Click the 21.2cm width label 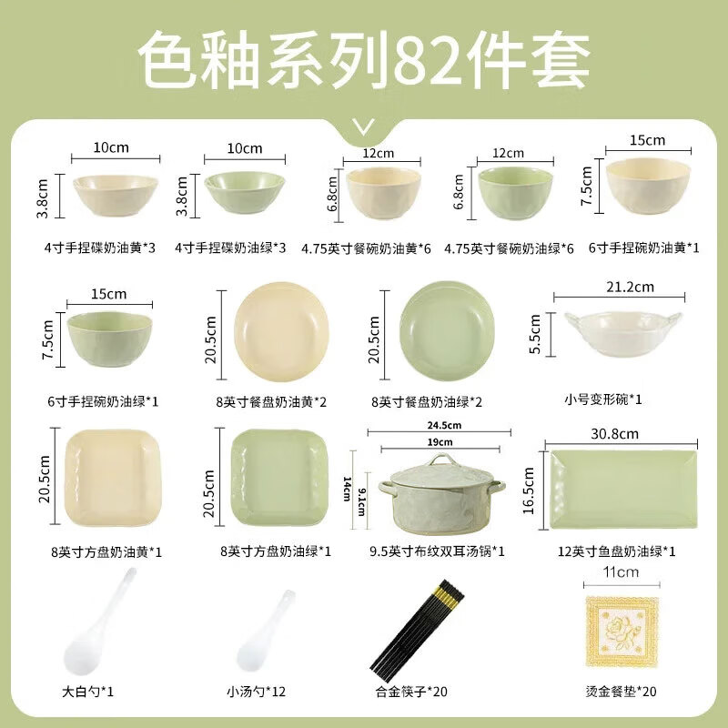632,288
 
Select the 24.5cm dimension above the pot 436,425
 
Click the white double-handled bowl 622,338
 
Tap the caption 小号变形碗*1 603,399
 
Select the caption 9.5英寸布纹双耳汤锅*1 437,551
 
